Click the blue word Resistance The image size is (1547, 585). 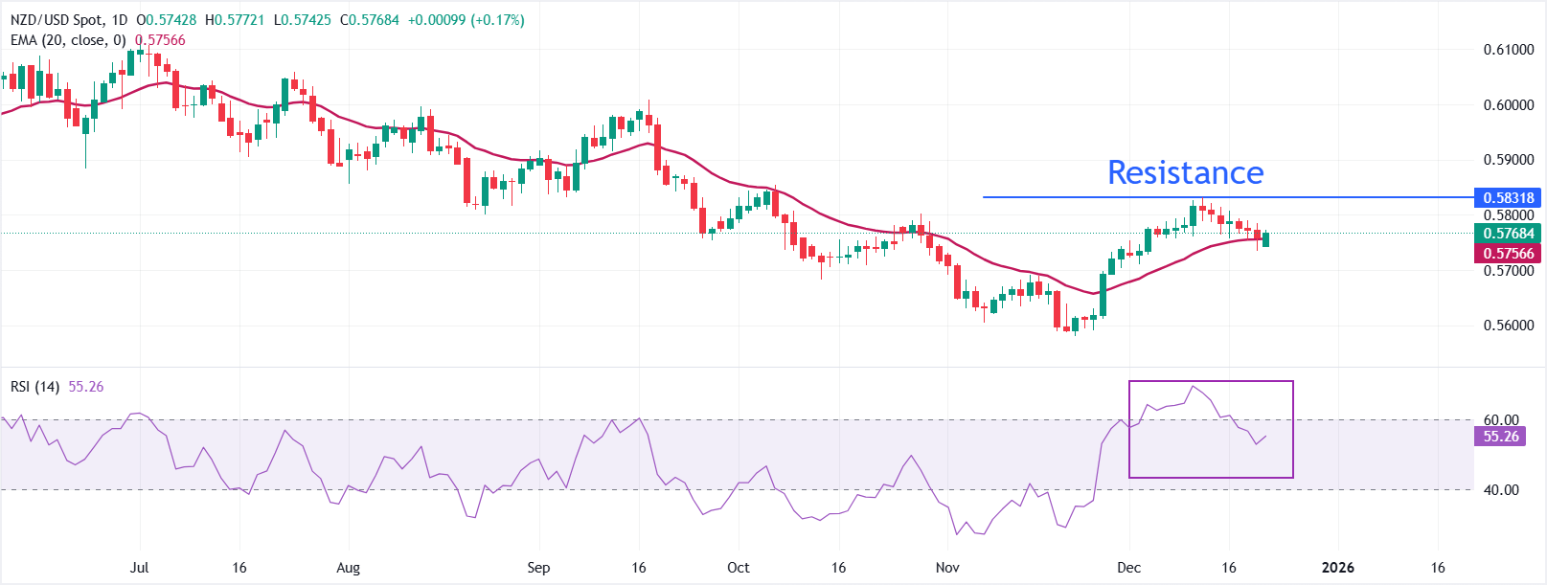coord(1185,173)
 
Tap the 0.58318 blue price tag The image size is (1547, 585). coord(1508,197)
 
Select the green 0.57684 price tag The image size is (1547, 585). coord(1508,234)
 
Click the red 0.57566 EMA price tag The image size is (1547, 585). coord(1508,254)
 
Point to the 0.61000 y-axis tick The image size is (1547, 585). coord(1508,50)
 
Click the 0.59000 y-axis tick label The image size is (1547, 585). coord(1508,160)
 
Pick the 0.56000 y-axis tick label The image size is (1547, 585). coord(1508,326)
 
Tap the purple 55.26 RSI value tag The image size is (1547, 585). coord(1500,437)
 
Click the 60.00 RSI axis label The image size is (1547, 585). coord(1500,420)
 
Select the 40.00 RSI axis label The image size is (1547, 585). coord(1500,490)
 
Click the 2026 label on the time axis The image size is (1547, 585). coord(1337,568)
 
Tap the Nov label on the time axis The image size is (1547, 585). coord(947,568)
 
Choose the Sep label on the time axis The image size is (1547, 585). coord(538,568)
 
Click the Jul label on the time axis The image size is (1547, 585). coord(140,568)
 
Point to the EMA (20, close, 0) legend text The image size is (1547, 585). coord(67,40)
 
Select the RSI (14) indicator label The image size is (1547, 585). coord(34,387)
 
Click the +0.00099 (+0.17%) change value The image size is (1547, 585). coord(466,20)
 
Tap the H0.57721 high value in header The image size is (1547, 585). coord(234,20)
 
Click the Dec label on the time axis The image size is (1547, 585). coord(1129,568)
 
